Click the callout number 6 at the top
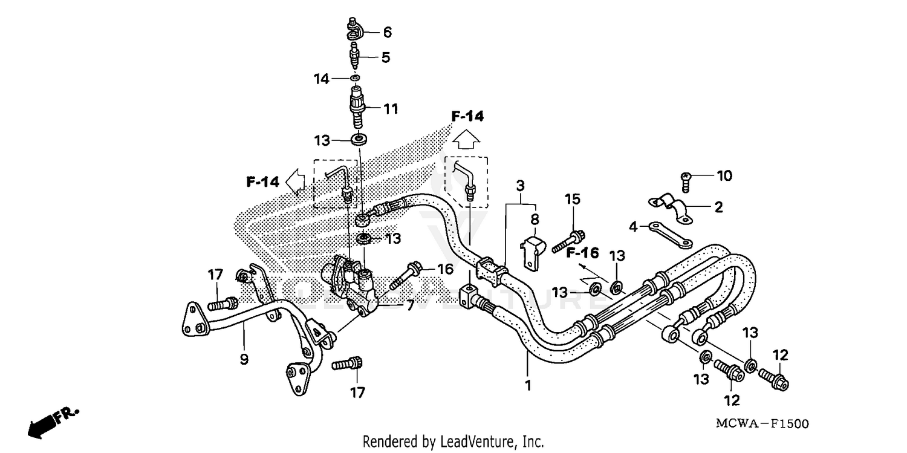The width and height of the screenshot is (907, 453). coord(387,33)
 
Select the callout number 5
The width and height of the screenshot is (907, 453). coord(385,57)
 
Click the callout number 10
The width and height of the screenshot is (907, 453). coord(724,176)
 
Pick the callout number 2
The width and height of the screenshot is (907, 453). coord(718,207)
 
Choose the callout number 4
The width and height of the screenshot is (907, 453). coord(633,227)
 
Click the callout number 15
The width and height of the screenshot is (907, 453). coord(572,199)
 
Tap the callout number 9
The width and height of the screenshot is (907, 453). coord(244,360)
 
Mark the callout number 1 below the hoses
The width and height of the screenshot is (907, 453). coord(528,385)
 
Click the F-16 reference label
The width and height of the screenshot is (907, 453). coord(582,252)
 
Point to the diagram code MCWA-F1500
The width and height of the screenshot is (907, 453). coord(762,424)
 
